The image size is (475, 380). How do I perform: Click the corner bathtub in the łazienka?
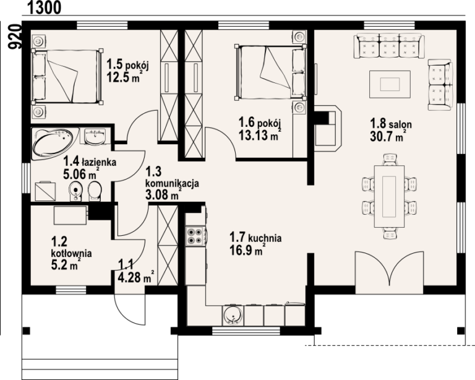[54, 144]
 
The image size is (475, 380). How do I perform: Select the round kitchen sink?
[233, 315]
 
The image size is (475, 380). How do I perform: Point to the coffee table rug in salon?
[390, 84]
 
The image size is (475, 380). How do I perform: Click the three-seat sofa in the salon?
[389, 46]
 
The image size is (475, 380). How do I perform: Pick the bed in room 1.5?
[66, 76]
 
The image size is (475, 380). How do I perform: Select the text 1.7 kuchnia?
[255, 237]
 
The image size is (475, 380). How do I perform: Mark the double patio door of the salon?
[389, 272]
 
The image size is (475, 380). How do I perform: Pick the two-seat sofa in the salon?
[440, 85]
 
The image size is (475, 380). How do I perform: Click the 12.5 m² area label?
[123, 77]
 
